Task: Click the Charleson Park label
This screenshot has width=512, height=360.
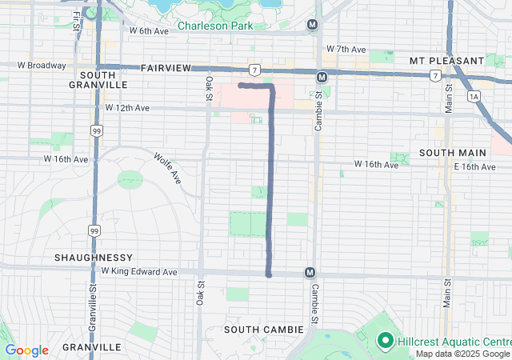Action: click(214, 26)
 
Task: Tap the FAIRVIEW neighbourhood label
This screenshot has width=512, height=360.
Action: click(166, 70)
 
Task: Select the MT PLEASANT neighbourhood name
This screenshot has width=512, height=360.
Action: click(446, 61)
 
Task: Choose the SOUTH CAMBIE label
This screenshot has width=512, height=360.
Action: click(263, 330)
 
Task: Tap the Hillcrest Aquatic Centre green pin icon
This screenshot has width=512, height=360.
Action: click(384, 342)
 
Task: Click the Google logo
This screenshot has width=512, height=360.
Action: click(26, 350)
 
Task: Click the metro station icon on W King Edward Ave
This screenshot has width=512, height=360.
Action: click(310, 273)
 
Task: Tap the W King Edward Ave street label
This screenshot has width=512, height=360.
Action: click(142, 272)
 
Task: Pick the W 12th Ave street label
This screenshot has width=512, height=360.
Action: click(127, 107)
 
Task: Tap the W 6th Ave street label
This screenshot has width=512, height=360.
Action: click(150, 31)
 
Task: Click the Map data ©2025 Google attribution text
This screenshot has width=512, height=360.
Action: click(462, 354)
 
